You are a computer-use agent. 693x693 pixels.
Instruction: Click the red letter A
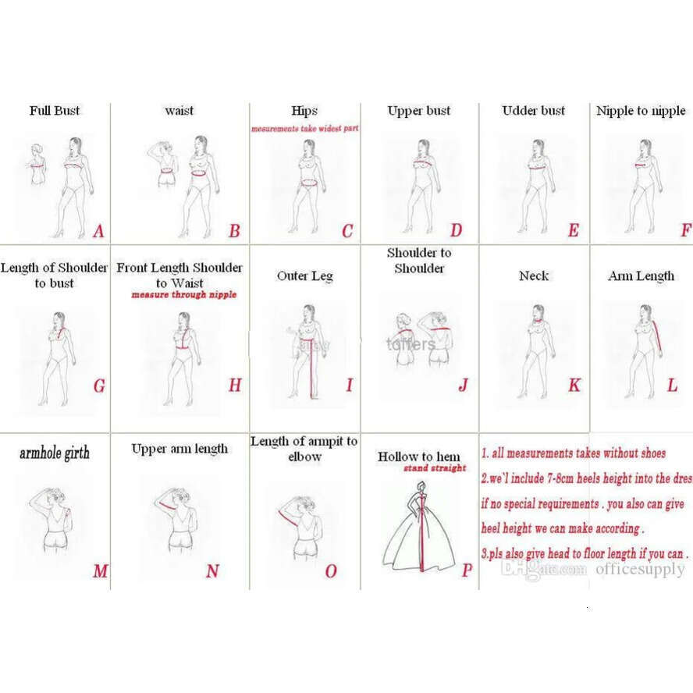(98, 231)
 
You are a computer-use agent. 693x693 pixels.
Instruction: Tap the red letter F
(686, 230)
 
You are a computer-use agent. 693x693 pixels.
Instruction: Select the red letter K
(574, 386)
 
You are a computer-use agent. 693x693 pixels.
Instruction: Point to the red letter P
(467, 570)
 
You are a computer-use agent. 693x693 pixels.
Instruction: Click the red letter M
(100, 571)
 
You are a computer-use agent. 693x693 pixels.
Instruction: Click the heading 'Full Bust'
(55, 111)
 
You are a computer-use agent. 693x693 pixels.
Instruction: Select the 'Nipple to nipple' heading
(641, 111)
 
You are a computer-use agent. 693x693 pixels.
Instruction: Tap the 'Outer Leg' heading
(304, 276)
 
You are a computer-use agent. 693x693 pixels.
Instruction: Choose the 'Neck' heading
(534, 276)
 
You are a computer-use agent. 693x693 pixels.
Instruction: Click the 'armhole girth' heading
(55, 453)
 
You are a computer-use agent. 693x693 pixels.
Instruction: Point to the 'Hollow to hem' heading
(419, 457)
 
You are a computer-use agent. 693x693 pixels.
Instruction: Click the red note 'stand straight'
(435, 468)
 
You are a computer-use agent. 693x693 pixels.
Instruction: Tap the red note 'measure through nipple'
(183, 295)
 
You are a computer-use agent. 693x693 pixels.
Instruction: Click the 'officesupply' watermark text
(640, 569)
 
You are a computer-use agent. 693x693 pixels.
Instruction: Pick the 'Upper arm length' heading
(179, 449)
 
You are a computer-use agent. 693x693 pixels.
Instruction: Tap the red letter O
(330, 571)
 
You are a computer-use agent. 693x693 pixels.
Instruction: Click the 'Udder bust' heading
(534, 111)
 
